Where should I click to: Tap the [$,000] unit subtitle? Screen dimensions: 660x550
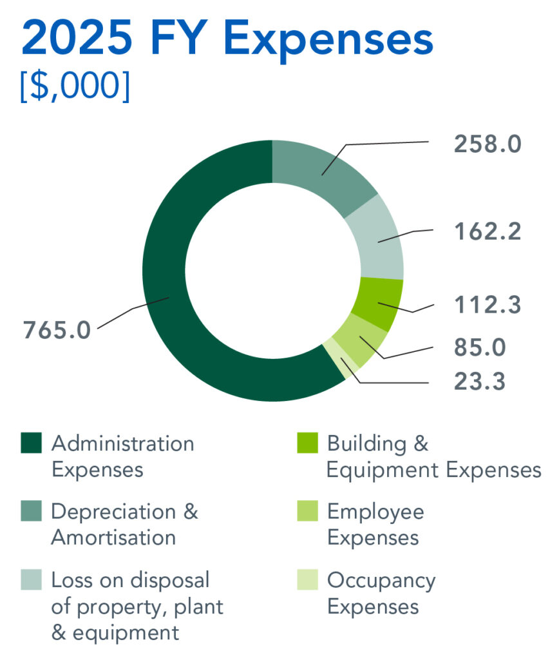point(75,86)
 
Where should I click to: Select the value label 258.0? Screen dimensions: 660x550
point(487,144)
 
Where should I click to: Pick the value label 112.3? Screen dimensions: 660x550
point(487,306)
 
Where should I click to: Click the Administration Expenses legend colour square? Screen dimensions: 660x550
point(31,443)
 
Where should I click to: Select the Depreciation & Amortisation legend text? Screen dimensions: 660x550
point(124,524)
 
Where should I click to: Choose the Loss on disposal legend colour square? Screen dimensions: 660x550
point(31,580)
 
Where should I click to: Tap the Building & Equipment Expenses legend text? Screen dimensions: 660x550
point(433,456)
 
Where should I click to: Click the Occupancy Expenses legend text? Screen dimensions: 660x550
point(381,593)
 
